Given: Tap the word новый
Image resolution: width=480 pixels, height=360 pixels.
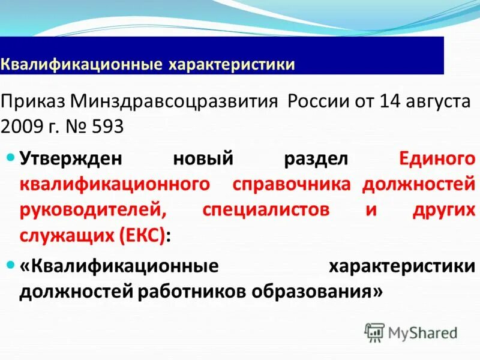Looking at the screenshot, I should tap(202, 159).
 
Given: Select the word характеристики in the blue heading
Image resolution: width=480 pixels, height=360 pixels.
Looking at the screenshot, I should tap(231, 64).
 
